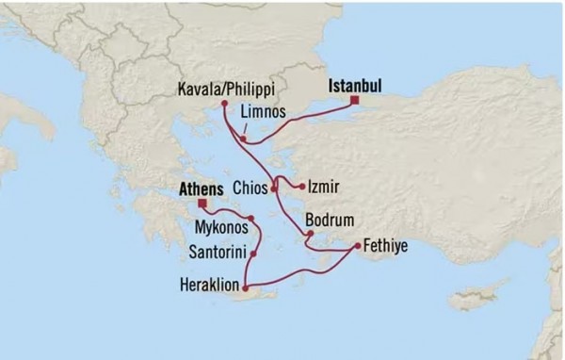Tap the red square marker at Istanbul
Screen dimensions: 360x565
(355, 100)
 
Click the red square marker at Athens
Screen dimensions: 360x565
(202, 202)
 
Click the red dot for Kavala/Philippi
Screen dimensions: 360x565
(223, 104)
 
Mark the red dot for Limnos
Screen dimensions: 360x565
(243, 139)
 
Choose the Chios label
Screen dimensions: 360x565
(250, 188)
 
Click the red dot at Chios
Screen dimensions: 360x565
(274, 188)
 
